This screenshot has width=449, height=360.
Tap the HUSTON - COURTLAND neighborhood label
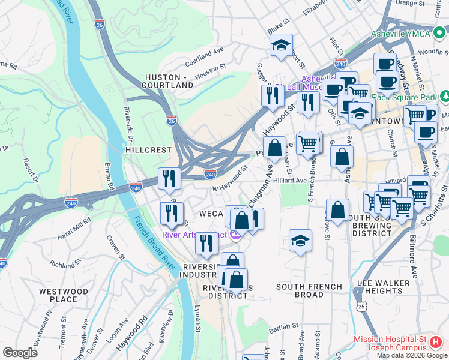coord(169,81)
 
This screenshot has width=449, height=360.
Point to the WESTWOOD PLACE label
coord(58,295)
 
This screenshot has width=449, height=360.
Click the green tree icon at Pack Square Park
coord(445,96)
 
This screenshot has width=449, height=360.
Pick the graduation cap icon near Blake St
coord(280,45)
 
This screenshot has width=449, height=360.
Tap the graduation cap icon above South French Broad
coord(300,240)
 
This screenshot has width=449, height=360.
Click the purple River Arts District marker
coord(235,235)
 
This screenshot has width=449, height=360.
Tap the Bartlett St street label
coord(283,329)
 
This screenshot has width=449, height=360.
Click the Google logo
coord(20,352)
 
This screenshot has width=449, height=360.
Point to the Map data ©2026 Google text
coord(411,355)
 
